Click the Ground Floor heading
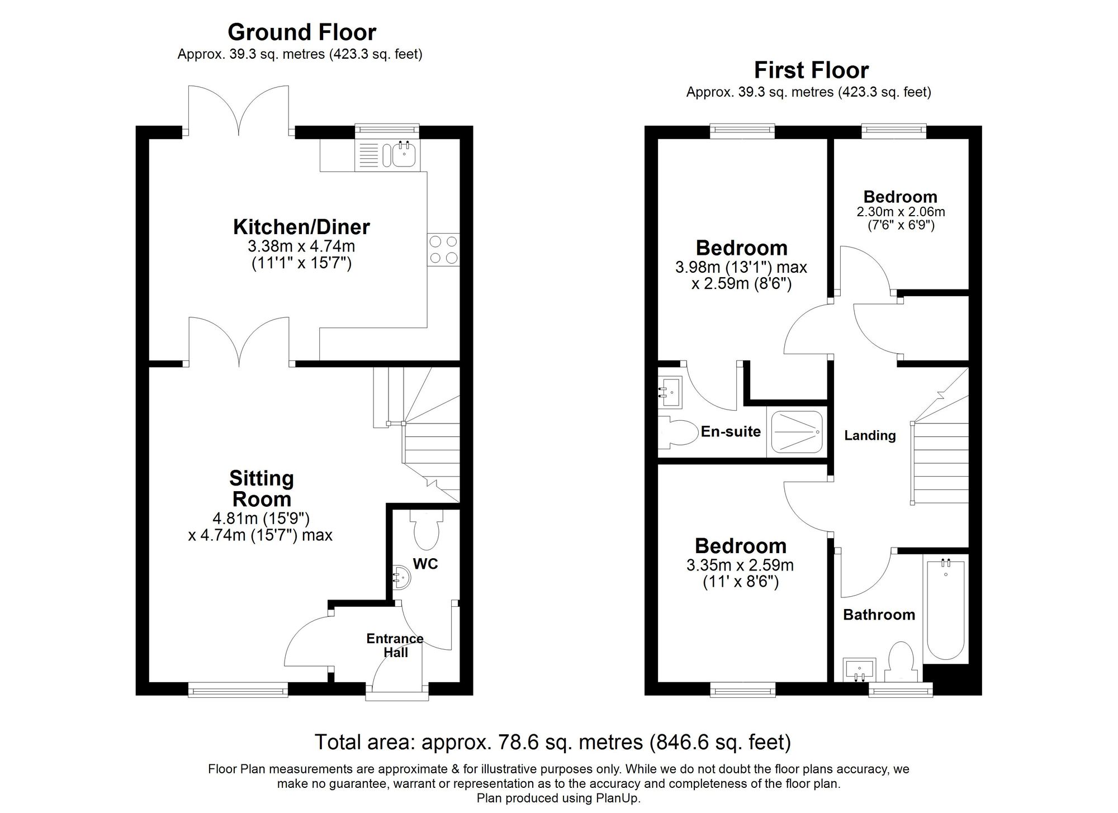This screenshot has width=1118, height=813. (302, 32)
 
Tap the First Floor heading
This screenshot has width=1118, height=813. (811, 70)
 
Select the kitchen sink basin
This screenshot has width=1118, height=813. (404, 154)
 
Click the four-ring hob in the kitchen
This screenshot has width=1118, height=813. (443, 249)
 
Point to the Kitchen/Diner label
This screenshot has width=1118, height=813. (301, 227)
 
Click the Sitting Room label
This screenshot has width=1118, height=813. (261, 488)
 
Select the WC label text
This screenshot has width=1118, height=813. (425, 564)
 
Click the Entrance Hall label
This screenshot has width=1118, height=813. (395, 645)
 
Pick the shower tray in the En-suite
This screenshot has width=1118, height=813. (797, 432)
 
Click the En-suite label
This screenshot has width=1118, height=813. (731, 431)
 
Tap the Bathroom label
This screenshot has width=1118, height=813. (879, 615)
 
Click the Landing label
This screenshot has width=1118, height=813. (870, 435)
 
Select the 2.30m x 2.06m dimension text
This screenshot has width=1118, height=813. (901, 212)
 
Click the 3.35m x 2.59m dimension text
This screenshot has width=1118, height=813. (740, 565)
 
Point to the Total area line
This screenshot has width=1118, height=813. (552, 742)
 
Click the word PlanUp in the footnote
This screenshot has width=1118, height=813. (620, 798)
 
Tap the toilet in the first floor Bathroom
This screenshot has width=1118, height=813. (901, 662)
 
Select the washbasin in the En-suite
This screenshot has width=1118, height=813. (670, 392)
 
